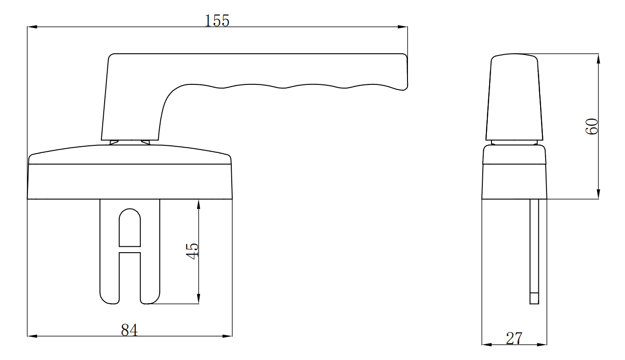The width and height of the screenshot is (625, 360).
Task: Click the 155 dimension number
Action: pyautogui.click(x=218, y=21)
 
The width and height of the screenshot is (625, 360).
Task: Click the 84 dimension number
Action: pyautogui.click(x=129, y=330)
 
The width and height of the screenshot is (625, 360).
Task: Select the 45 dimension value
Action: pyautogui.click(x=193, y=251)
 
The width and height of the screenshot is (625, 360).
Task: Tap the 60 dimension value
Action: pyautogui.click(x=592, y=126)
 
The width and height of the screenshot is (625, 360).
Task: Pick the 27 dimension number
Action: pyautogui.click(x=514, y=338)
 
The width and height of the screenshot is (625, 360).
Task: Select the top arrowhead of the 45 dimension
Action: pyautogui.click(x=198, y=204)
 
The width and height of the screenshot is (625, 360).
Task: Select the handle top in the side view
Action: pyautogui.click(x=514, y=96)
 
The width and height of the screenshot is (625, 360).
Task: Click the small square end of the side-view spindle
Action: pyautogui.click(x=534, y=298)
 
